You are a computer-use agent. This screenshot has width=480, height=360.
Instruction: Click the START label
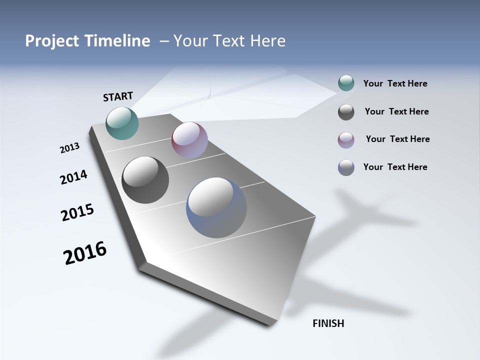click(x=118, y=96)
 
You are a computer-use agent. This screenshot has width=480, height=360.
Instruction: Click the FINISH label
click(x=328, y=323)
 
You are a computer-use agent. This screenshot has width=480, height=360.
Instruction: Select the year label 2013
click(x=69, y=148)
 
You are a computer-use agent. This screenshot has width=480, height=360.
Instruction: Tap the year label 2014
click(x=73, y=177)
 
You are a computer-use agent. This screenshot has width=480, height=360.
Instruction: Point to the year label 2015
click(x=77, y=212)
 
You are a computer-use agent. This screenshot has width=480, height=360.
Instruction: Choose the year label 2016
click(x=85, y=253)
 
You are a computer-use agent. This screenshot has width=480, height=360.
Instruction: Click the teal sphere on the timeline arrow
click(x=122, y=123)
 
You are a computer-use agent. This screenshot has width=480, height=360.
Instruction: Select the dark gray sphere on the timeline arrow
click(x=145, y=180)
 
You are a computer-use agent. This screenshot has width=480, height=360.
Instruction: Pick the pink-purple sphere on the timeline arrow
click(x=189, y=139)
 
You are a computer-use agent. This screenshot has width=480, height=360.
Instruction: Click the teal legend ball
click(x=346, y=83)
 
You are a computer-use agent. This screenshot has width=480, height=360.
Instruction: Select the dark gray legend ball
click(x=346, y=112)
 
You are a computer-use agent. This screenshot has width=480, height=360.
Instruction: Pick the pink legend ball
click(x=346, y=139)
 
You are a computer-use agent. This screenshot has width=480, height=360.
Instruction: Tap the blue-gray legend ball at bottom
click(x=346, y=167)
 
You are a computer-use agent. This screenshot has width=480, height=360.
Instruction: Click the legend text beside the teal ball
click(x=395, y=84)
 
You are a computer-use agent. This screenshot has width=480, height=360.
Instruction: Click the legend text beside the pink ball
click(x=397, y=139)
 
